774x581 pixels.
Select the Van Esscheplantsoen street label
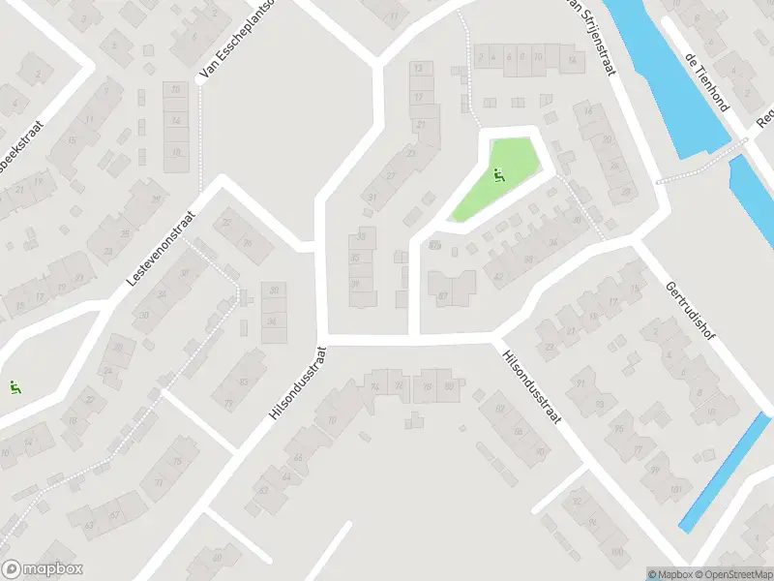(234, 39)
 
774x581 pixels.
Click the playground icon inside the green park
(498, 175)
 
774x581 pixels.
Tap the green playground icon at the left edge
(15, 388)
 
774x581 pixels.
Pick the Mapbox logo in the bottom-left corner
(43, 569)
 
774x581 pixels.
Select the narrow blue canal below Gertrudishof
(726, 472)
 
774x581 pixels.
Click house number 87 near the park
(443, 295)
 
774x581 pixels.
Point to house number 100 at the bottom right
(616, 552)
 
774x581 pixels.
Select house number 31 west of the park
(372, 197)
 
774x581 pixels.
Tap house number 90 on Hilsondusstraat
(540, 451)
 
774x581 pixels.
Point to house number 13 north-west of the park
(418, 69)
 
